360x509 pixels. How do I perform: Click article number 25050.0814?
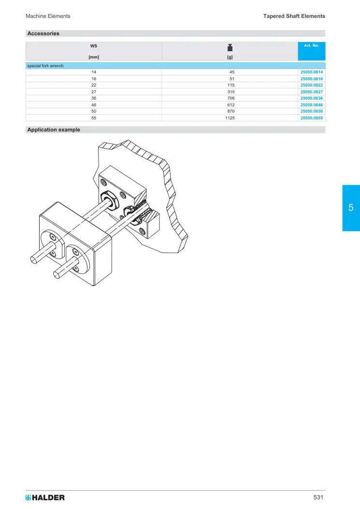pyautogui.click(x=311, y=72)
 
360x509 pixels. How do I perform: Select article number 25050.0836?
pyautogui.click(x=311, y=98)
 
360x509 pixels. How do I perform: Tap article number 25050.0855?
pyautogui.click(x=311, y=118)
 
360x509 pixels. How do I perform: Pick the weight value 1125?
pyautogui.click(x=230, y=118)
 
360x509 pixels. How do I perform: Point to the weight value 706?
pyautogui.click(x=231, y=98)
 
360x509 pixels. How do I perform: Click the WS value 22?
pyautogui.click(x=94, y=85)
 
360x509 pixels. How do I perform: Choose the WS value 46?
pyautogui.click(x=94, y=105)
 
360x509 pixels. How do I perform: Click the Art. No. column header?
pyautogui.click(x=311, y=45)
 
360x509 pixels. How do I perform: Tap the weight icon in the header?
pyautogui.click(x=230, y=47)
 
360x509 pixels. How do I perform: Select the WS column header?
pyautogui.click(x=94, y=46)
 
